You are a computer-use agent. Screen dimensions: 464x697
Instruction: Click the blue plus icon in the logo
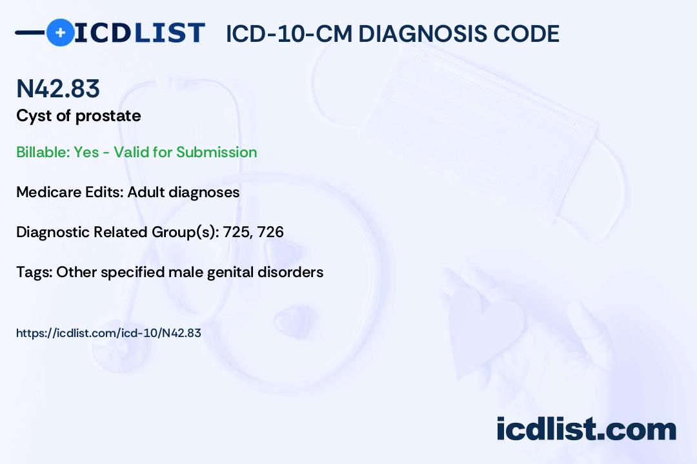click(x=60, y=33)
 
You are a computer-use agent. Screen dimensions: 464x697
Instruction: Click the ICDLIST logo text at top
click(x=139, y=33)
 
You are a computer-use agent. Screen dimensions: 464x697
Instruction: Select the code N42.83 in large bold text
click(x=58, y=89)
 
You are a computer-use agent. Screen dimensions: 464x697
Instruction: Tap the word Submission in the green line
click(x=217, y=152)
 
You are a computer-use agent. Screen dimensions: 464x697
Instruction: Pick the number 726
click(x=270, y=232)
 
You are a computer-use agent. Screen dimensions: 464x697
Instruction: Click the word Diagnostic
click(x=54, y=232)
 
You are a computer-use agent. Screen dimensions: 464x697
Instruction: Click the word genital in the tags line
click(x=228, y=272)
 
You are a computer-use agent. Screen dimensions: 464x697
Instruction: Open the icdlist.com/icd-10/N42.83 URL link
click(x=108, y=333)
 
